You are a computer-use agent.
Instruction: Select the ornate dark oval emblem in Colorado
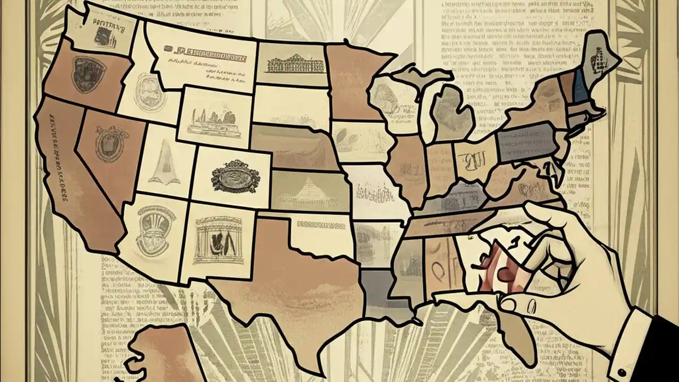point(235,177)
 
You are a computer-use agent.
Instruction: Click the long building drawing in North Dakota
point(295,64)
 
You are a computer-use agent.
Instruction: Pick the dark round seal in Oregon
point(88,75)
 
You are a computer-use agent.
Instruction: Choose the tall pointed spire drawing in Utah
point(160,162)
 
